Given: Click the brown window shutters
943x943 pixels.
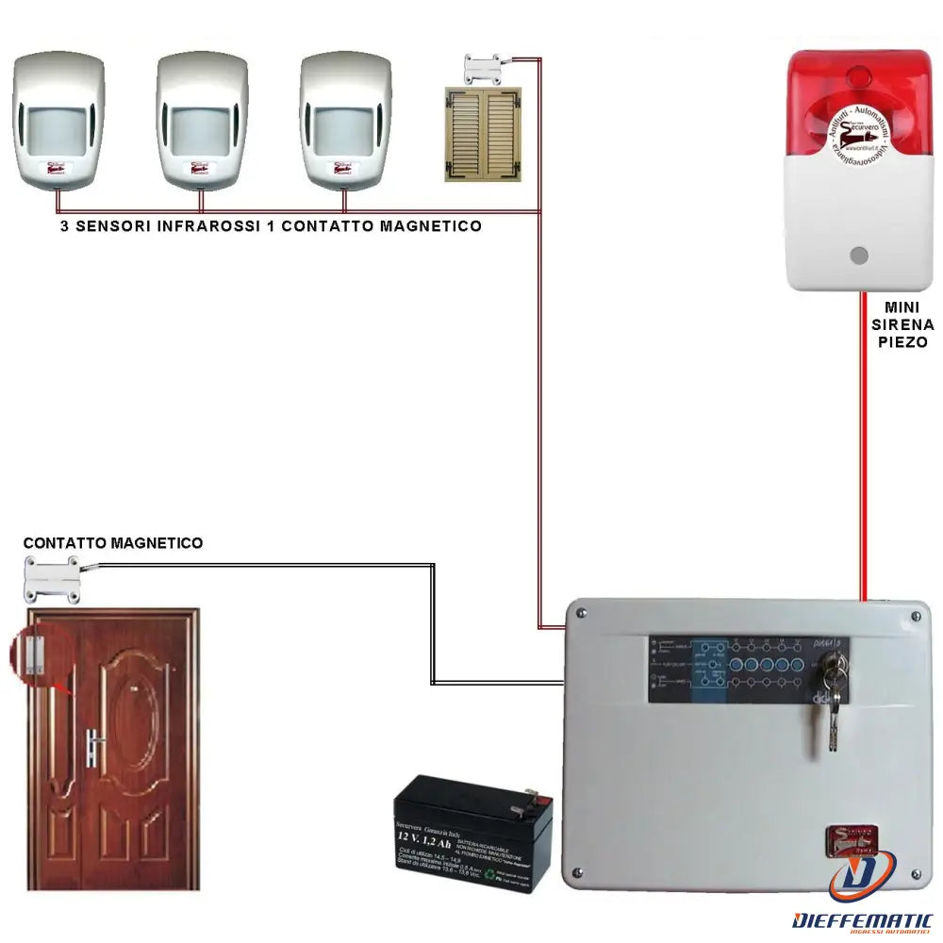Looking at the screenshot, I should pyautogui.click(x=483, y=134).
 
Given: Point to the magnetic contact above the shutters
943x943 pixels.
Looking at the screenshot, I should pyautogui.click(x=484, y=69).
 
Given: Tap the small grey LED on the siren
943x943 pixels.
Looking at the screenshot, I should pyautogui.click(x=858, y=256).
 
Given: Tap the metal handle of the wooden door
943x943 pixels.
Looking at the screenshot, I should pyautogui.click(x=95, y=744).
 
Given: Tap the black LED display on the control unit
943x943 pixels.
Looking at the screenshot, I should pyautogui.click(x=745, y=670).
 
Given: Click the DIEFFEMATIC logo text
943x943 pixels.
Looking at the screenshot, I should pyautogui.click(x=863, y=919).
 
